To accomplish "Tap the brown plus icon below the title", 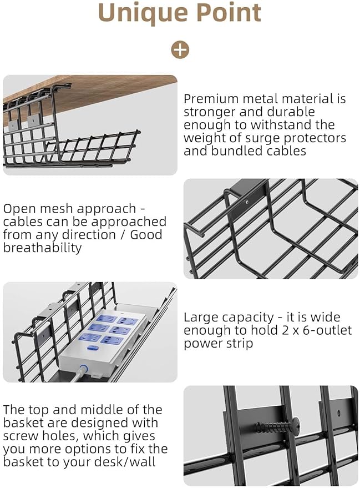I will click(x=180, y=49).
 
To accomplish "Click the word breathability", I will click(x=42, y=248).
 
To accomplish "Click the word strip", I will click(x=238, y=344).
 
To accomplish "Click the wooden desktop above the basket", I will click(x=111, y=92).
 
